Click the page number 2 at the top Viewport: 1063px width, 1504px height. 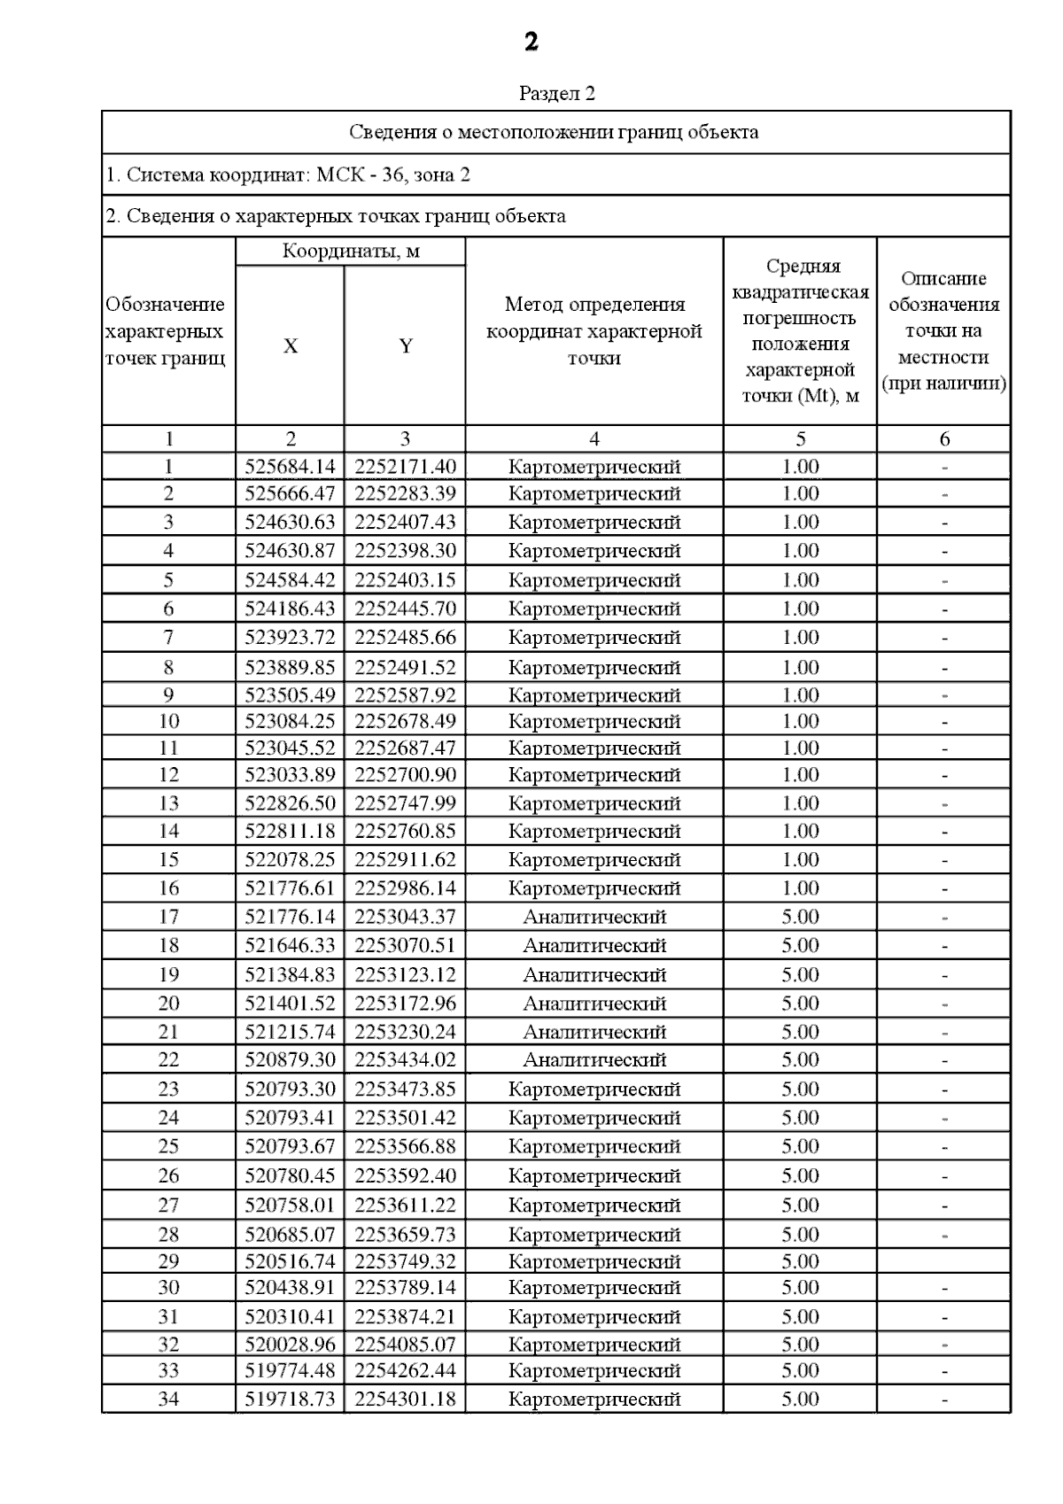coord(531,42)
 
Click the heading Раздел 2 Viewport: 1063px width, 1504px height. coord(556,93)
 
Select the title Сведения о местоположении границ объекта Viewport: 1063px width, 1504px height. coord(555,133)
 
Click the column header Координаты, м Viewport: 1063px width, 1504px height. coord(351,252)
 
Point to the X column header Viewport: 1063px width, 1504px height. coord(291,346)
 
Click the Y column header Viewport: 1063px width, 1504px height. coord(406,346)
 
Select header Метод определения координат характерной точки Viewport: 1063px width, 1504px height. coord(594,331)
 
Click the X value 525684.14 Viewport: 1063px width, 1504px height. coord(291,467)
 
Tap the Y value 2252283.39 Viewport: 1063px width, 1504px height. coord(406,493)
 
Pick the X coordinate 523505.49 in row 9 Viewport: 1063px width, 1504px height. coord(291,695)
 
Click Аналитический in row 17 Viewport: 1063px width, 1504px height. coord(594,917)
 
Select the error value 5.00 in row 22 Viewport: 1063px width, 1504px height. coord(800,1059)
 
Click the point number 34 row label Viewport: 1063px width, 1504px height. coord(168,1399)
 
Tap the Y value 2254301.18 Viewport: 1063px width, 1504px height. coord(406,1399)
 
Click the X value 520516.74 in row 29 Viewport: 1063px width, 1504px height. coord(291,1261)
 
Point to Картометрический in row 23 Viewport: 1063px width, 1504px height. coord(594,1089)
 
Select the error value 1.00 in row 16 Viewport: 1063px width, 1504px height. coord(800,888)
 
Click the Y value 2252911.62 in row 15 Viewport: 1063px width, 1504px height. coord(406,859)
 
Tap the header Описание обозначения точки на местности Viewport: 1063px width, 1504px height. coord(943,331)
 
